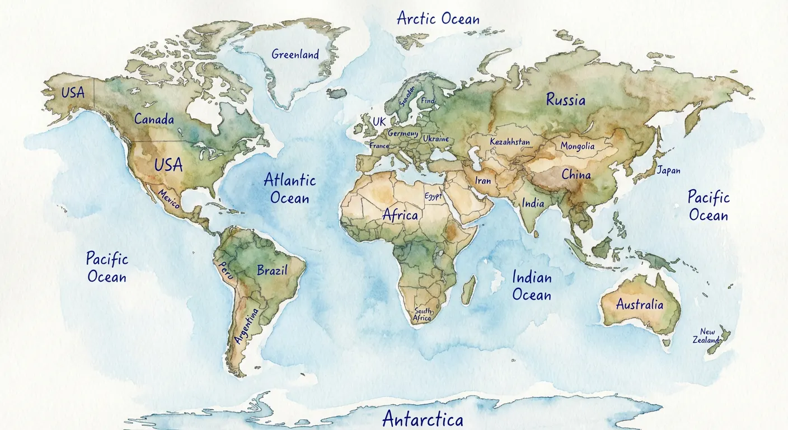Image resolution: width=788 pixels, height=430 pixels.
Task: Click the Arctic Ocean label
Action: (438, 18)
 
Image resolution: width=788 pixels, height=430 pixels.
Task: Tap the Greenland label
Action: (295, 54)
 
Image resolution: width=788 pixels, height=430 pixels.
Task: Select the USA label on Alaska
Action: (73, 92)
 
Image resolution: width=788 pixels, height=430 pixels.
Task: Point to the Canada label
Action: (154, 119)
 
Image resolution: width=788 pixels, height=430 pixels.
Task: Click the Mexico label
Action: (169, 199)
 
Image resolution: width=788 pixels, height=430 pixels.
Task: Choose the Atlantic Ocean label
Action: (289, 189)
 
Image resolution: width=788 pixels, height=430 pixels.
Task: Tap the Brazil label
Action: (272, 270)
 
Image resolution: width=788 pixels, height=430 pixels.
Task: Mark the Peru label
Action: (226, 270)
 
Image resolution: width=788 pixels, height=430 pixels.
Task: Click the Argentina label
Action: (247, 326)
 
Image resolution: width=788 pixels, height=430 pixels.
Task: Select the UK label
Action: (379, 121)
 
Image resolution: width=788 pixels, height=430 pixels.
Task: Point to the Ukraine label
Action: (435, 138)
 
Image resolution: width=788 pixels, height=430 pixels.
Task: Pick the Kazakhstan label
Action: (509, 142)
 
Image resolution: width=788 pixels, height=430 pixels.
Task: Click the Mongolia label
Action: (578, 146)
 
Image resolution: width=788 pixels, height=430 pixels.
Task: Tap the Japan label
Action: (668, 170)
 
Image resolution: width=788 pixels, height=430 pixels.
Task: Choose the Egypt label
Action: (433, 197)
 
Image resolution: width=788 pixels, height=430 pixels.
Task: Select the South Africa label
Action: (423, 315)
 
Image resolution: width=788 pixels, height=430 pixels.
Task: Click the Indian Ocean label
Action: (532, 286)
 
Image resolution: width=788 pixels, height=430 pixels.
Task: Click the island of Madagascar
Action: (469, 289)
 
